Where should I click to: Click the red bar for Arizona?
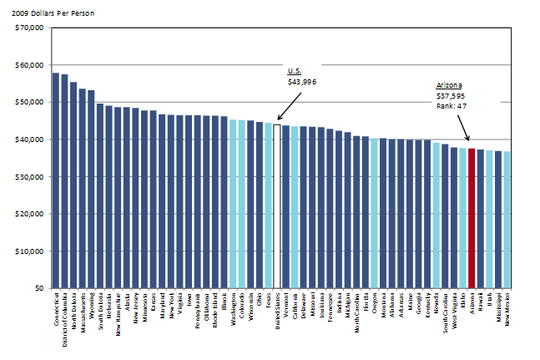(x=472, y=218)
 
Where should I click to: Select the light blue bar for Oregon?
(x=374, y=213)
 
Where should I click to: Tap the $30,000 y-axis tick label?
(x=29, y=177)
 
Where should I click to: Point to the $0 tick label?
(x=38, y=288)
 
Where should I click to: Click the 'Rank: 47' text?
(x=453, y=106)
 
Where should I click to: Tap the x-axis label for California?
(x=295, y=307)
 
